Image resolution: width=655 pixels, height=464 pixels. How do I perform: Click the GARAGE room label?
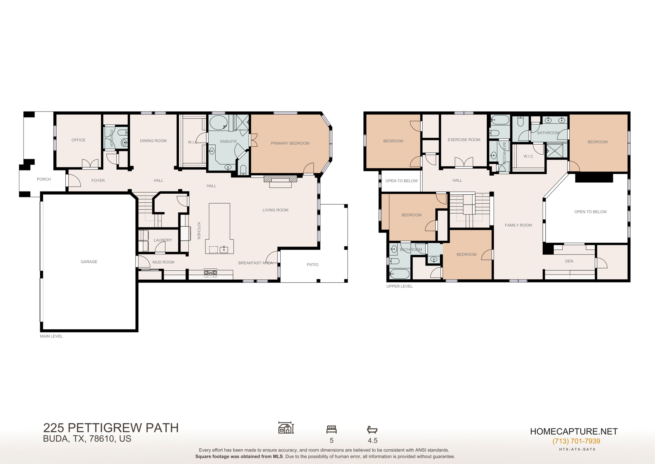click(89, 262)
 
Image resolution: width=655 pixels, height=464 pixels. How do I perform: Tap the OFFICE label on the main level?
click(79, 140)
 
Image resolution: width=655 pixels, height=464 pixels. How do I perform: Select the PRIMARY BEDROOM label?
click(290, 143)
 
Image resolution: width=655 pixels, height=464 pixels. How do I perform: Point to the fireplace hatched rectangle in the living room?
click(280, 179)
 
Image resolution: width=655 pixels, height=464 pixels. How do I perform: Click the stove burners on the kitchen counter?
click(211, 274)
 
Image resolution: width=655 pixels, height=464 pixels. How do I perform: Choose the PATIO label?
click(313, 265)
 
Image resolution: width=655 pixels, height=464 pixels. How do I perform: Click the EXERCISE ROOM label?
click(464, 140)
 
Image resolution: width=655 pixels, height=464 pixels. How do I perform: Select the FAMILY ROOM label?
click(518, 225)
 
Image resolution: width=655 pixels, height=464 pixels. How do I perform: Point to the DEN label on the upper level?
click(569, 261)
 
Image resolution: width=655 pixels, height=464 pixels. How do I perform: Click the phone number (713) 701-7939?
click(576, 441)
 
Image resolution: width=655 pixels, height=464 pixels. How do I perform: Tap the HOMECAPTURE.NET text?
click(574, 431)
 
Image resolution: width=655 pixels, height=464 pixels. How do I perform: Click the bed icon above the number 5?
click(331, 429)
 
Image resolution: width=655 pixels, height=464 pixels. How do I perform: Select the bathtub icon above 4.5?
click(372, 430)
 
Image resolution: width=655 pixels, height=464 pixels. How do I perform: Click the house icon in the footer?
click(286, 428)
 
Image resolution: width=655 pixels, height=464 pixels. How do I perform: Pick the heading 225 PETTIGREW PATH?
click(111, 428)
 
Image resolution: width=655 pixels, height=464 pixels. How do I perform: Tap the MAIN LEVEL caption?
click(51, 336)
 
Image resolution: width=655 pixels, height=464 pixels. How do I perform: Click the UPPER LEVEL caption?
click(399, 286)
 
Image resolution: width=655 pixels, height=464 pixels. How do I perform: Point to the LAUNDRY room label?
click(163, 240)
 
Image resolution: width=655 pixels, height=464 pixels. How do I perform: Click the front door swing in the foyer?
click(74, 181)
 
